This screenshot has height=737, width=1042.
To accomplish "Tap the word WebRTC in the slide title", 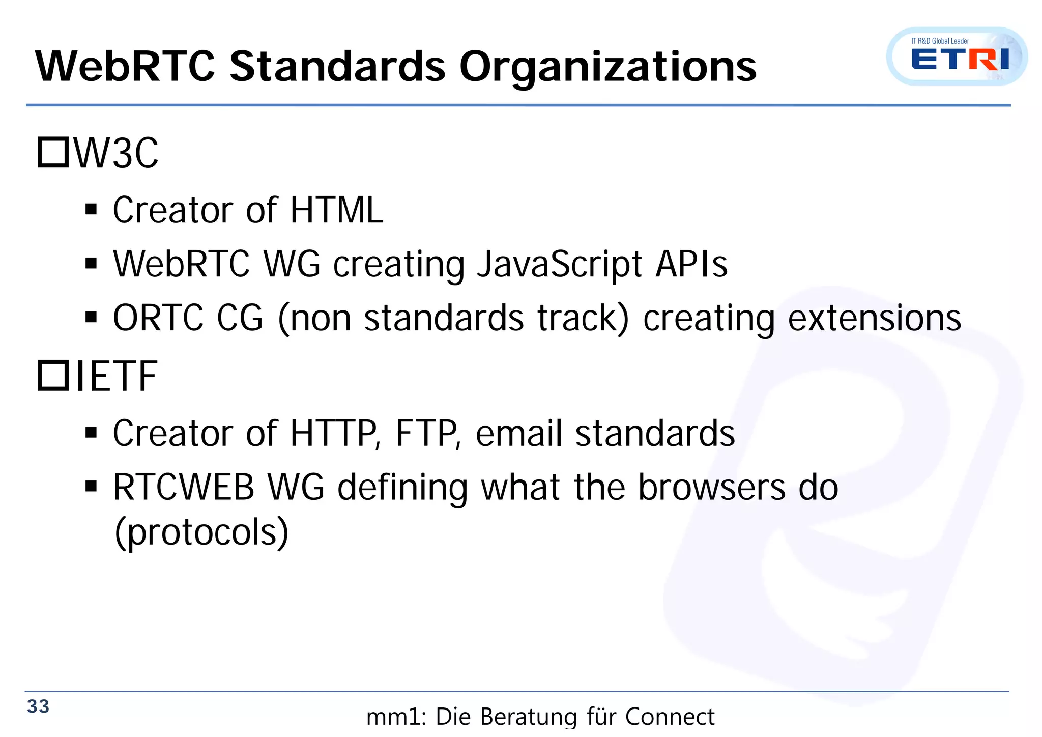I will coord(125,67).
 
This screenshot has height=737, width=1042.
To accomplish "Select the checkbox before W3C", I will coord(53,153).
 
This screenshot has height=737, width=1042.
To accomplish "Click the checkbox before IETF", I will coord(53,376).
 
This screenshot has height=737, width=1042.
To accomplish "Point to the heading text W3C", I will coord(117,154).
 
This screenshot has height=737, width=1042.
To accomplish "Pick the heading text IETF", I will coord(117,377).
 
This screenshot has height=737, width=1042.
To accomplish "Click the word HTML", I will coord(336,210).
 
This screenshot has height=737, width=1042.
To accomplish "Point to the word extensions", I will coord(874,318).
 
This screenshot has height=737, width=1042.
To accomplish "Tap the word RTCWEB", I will coord(183,488).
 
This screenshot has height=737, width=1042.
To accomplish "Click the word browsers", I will coord(711,488).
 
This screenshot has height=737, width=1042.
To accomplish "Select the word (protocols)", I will coord(201,532).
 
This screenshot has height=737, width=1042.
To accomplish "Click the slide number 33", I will coord(38,706).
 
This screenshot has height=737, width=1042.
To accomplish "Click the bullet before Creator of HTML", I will coord(91,210).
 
